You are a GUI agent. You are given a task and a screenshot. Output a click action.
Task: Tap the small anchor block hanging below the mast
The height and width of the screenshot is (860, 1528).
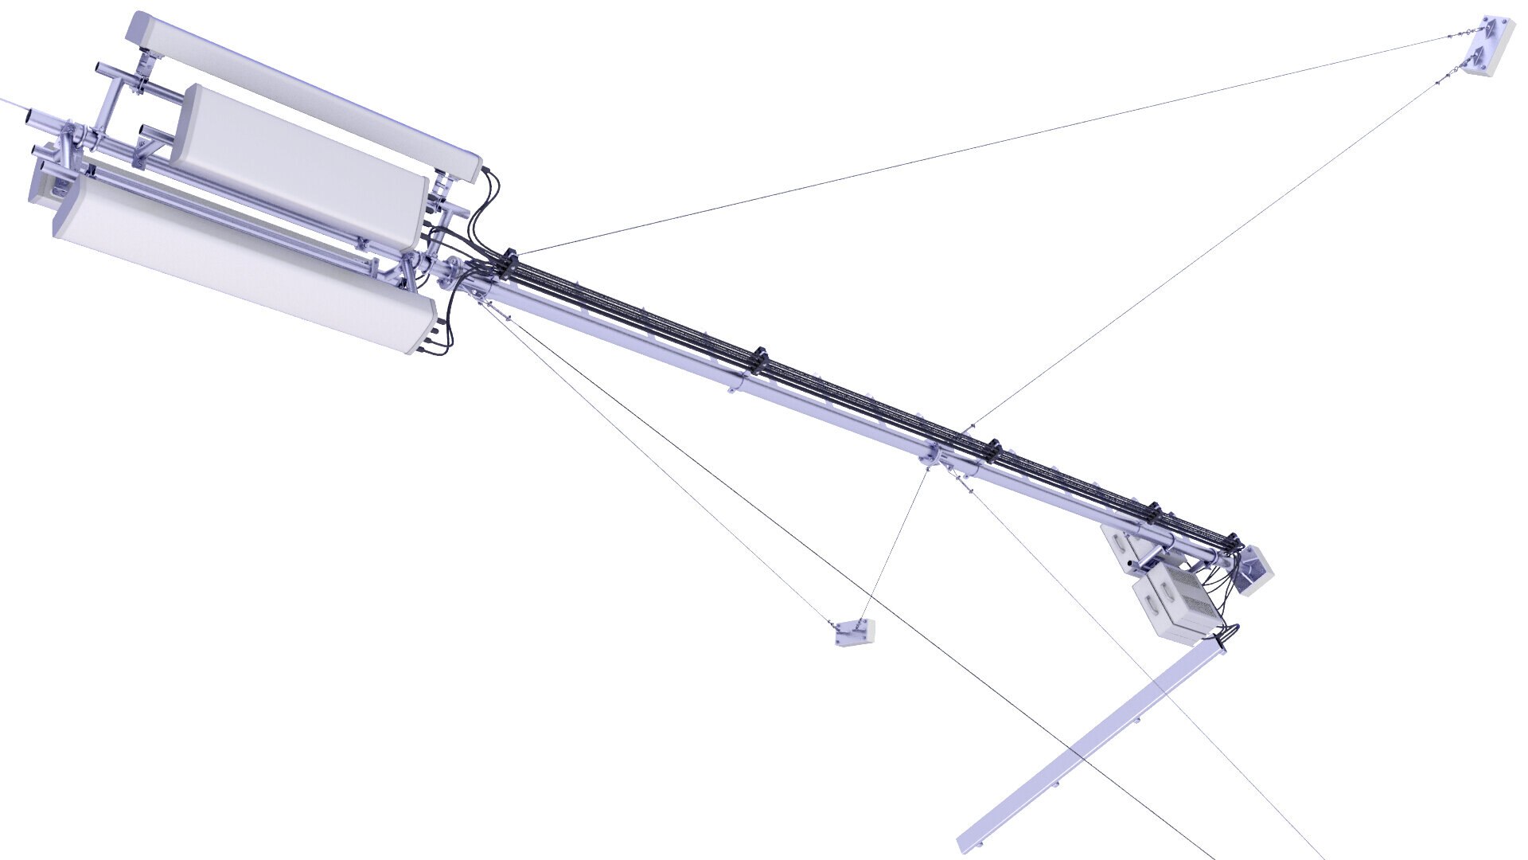pos(856,632)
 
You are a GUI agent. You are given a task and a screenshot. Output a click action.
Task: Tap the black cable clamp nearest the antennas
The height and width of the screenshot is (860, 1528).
pos(507,260)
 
